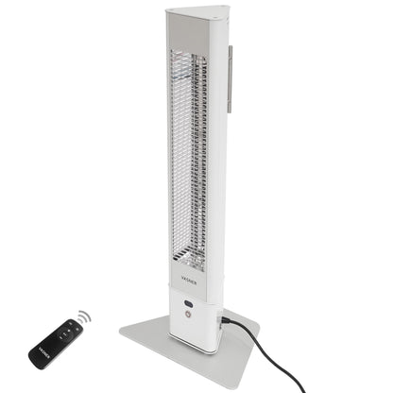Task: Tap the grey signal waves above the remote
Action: [83, 316]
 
